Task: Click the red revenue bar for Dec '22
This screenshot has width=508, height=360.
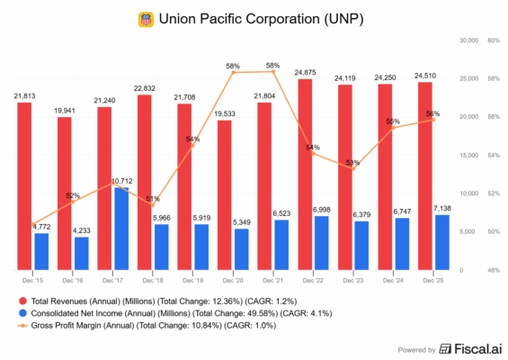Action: pyautogui.click(x=306, y=171)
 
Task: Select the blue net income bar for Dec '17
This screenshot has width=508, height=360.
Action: pyautogui.click(x=121, y=229)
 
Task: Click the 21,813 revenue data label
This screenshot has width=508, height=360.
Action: pyautogui.click(x=25, y=95)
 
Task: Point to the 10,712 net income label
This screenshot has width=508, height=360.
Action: pyautogui.click(x=121, y=181)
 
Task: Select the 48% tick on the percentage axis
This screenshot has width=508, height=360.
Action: pyautogui.click(x=494, y=271)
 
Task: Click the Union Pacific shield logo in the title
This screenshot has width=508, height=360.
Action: pyautogui.click(x=146, y=18)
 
